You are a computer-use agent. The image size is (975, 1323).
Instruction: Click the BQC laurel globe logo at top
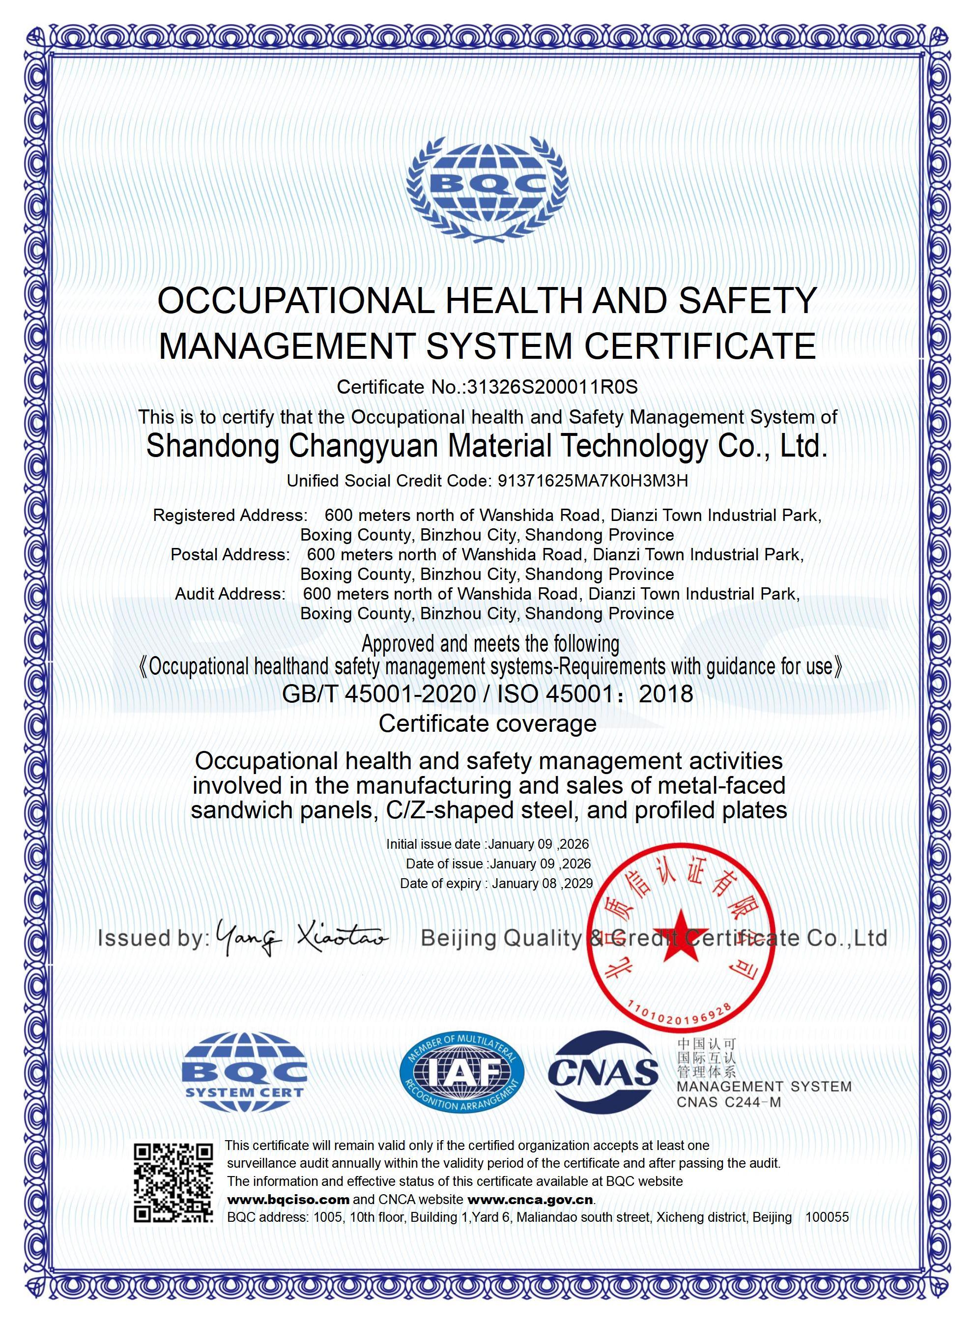487,188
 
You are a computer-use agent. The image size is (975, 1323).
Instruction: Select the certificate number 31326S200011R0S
552,387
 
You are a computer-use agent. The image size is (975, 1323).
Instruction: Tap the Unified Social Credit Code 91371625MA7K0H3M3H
593,481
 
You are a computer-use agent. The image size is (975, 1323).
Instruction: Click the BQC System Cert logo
244,1071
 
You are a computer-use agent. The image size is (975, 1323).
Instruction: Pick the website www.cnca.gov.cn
530,1200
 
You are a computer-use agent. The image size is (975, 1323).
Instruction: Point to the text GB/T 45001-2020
379,693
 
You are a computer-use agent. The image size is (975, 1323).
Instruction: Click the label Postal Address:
230,555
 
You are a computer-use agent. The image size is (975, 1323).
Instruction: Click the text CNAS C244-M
728,1102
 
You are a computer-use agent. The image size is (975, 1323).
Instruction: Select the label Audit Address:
230,594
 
